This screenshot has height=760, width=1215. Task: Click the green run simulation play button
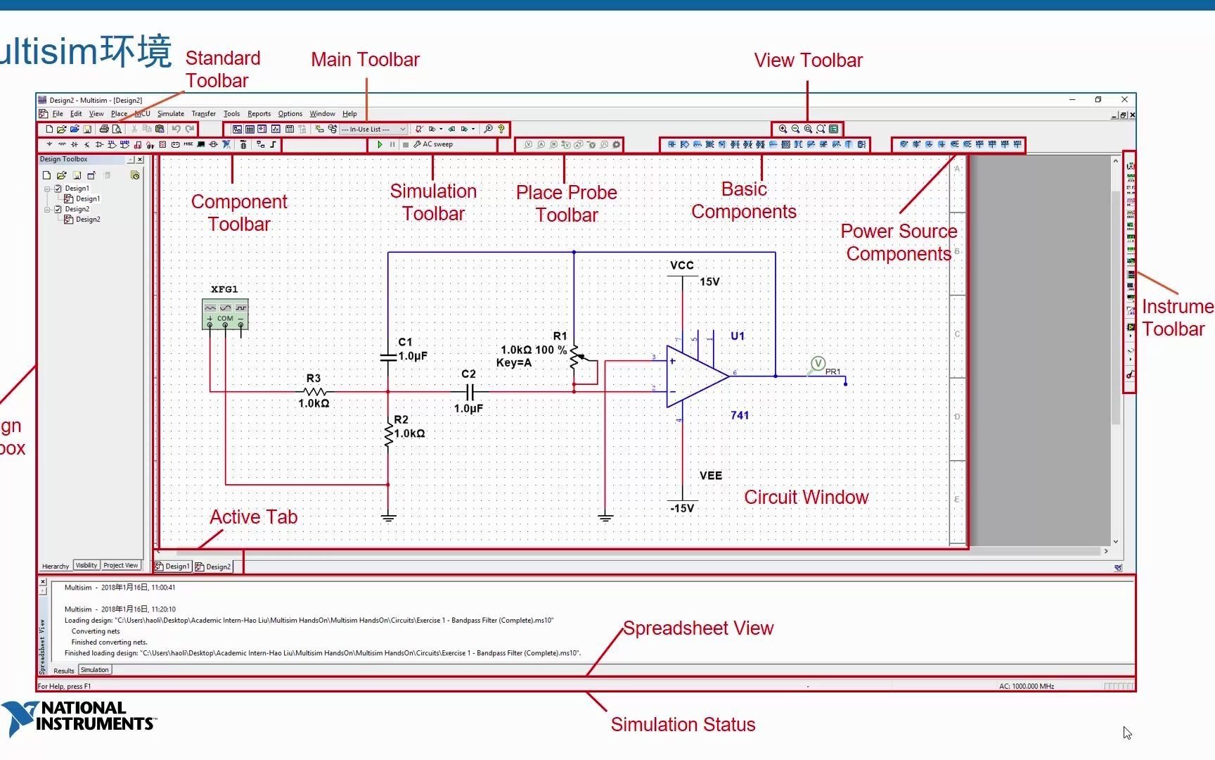pos(380,144)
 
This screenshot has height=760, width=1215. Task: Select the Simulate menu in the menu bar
pos(170,113)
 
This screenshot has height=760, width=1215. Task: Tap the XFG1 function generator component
pos(225,314)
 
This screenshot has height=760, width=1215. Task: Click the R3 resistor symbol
pos(314,391)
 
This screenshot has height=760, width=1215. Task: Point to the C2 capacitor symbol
pos(470,391)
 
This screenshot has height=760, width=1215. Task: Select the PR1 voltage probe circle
pos(818,364)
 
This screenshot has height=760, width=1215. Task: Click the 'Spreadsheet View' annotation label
pos(697,628)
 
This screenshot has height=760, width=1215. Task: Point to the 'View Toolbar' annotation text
pos(808,61)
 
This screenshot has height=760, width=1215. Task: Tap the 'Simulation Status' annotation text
pos(683,724)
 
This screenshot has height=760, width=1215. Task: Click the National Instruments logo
pos(79,717)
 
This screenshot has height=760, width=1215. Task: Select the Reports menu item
pos(259,113)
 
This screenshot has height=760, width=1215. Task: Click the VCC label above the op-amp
pos(681,265)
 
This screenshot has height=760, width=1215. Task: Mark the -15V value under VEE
pos(682,508)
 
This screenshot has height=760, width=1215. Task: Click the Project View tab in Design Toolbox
pos(121,566)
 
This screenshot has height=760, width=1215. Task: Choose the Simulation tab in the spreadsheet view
pos(94,670)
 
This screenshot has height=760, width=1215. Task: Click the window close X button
pos(1124,100)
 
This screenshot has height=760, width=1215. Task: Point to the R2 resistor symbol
pos(388,433)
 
